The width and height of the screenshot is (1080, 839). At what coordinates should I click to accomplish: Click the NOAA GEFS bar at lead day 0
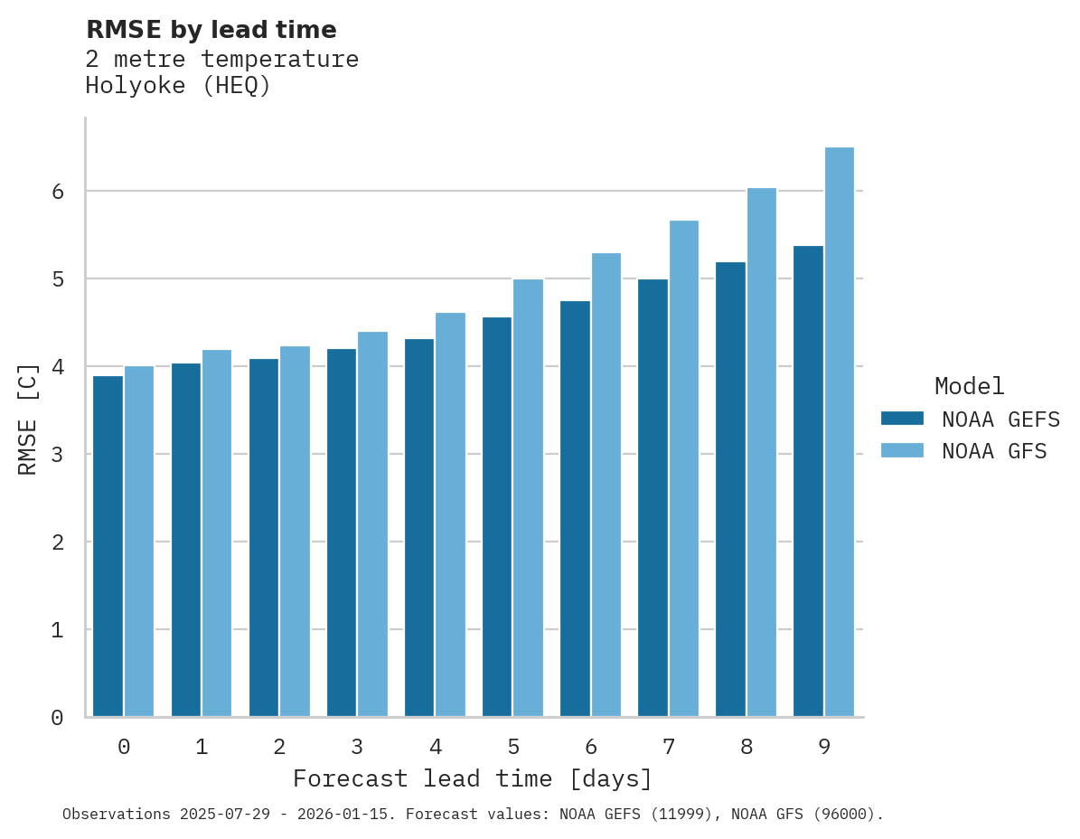pyautogui.click(x=108, y=546)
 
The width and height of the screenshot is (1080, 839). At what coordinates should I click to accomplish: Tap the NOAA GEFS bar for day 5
pyautogui.click(x=497, y=516)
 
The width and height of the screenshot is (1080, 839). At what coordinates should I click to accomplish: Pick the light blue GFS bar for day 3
pyautogui.click(x=372, y=524)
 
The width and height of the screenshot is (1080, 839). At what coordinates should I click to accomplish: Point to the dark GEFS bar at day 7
pyautogui.click(x=653, y=497)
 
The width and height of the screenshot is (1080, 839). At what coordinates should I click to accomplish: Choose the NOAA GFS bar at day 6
pyautogui.click(x=606, y=485)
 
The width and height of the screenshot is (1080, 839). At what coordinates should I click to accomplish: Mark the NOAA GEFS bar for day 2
pyautogui.click(x=264, y=537)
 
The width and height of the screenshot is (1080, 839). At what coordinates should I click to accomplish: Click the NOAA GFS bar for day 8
pyautogui.click(x=762, y=452)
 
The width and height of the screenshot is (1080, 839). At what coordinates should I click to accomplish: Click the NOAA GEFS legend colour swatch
pyautogui.click(x=902, y=419)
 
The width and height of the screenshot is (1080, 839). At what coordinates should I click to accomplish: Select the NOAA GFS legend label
pyautogui.click(x=994, y=451)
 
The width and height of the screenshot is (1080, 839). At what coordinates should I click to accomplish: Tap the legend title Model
pyautogui.click(x=969, y=387)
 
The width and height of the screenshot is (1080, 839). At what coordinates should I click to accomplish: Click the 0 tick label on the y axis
pyautogui.click(x=57, y=718)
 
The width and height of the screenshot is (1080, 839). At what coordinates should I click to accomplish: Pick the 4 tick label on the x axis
pyautogui.click(x=436, y=748)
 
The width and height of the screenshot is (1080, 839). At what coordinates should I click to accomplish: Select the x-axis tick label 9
pyautogui.click(x=824, y=748)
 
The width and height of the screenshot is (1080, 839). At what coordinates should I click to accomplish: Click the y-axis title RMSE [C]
pyautogui.click(x=28, y=419)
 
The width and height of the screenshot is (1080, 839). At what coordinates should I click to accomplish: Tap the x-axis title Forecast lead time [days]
pyautogui.click(x=472, y=779)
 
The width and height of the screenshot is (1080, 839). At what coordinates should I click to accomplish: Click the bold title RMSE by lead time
pyautogui.click(x=211, y=30)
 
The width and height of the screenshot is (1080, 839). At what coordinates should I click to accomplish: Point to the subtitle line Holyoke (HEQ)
pyautogui.click(x=178, y=87)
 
